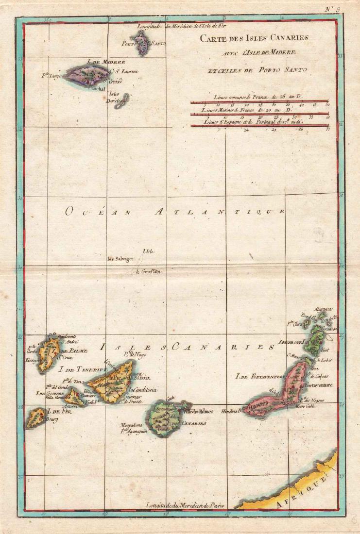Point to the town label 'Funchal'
[96, 88]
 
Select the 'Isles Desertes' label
[115, 97]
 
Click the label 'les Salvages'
[120, 259]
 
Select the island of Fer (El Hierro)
[36, 417]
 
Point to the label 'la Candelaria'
[142, 390]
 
